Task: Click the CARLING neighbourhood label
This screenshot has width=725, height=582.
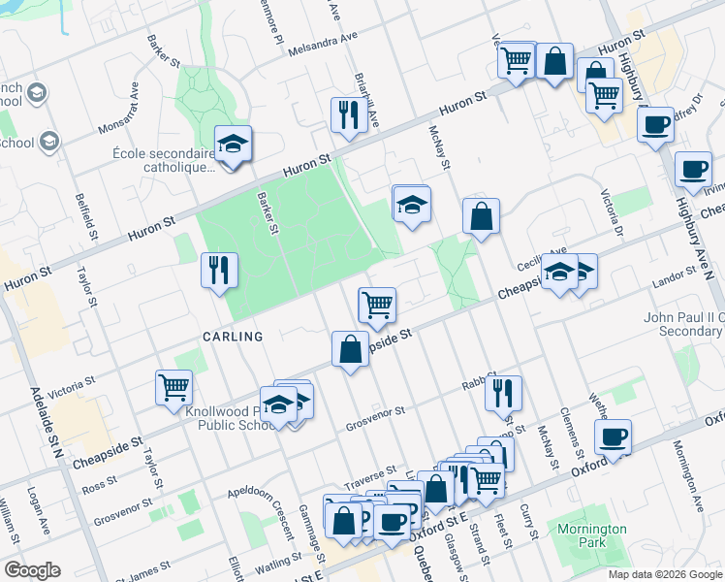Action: [233, 337]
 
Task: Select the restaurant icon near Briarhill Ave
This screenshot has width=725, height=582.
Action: [345, 115]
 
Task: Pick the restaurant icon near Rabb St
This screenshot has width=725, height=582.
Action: [502, 392]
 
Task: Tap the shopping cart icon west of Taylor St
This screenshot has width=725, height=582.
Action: [173, 386]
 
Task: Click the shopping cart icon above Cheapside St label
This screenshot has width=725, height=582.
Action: [376, 305]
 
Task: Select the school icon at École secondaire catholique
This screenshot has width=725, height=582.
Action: [233, 145]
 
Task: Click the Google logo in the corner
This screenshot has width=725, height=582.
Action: [32, 570]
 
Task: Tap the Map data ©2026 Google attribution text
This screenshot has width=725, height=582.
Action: [664, 574]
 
